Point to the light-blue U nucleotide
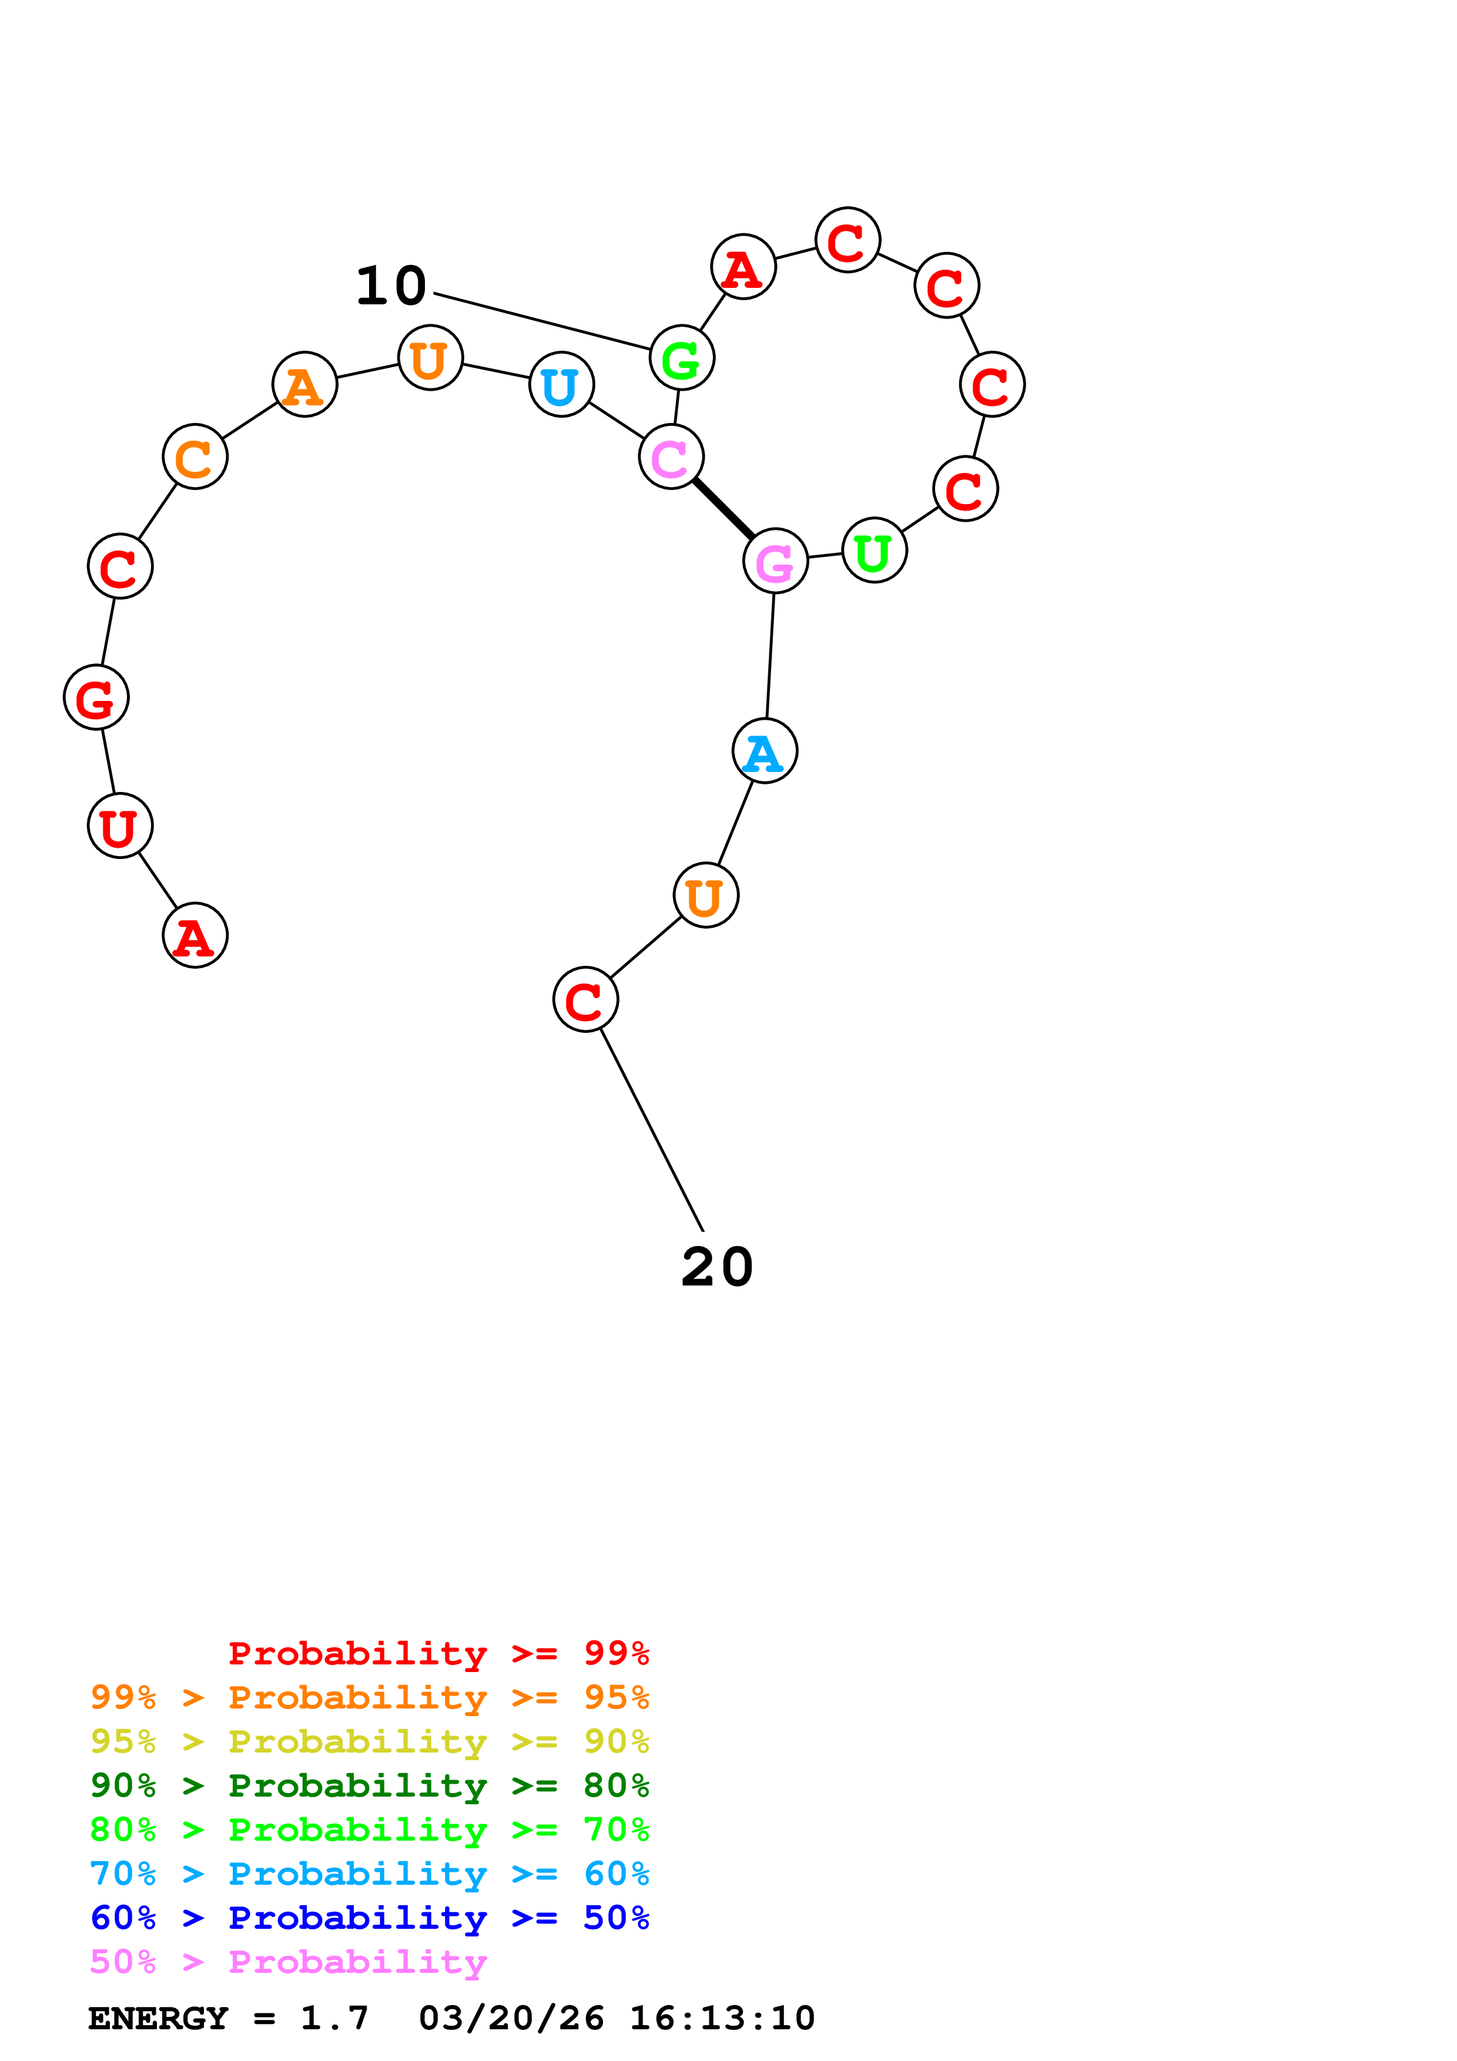[561, 385]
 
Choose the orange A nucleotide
[304, 384]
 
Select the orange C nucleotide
[195, 457]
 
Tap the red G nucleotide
[96, 697]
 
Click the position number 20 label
[716, 1267]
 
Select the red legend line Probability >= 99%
[438, 1653]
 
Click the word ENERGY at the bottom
[158, 2018]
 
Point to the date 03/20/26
[511, 2018]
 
